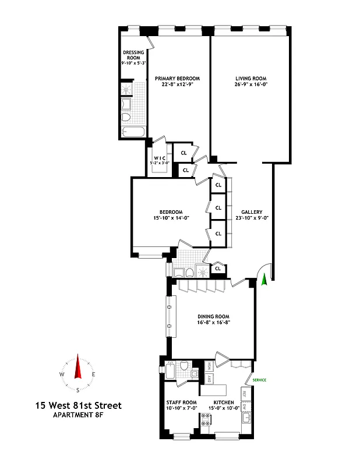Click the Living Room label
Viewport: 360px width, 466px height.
[250, 79]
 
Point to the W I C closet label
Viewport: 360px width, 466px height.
[160, 158]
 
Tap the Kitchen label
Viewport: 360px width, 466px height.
[224, 403]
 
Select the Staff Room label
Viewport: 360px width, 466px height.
[181, 403]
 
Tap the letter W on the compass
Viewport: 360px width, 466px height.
[62, 375]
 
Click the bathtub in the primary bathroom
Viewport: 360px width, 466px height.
[133, 133]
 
